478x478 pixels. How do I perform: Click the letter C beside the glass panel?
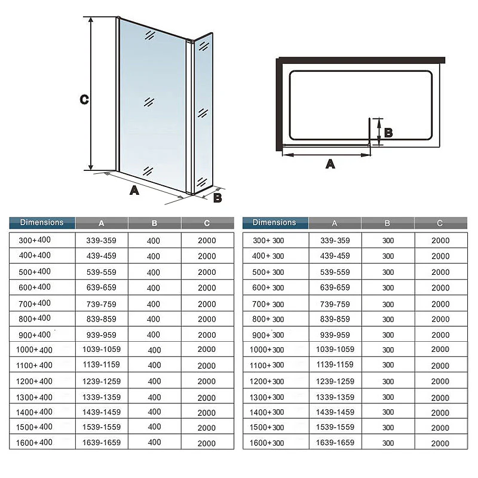coord(84,99)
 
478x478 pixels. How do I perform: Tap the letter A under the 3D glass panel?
coord(134,190)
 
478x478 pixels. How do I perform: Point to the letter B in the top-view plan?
coord(388,133)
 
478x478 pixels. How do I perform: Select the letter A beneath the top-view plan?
coord(330,164)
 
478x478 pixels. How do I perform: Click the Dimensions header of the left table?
coord(42,222)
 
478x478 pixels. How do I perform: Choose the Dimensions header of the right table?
coord(274,222)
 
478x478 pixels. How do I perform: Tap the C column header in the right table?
coord(440,223)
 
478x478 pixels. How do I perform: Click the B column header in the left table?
coord(154,223)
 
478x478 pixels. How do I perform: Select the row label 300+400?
coord(35,240)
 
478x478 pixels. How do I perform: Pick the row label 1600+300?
coord(266,443)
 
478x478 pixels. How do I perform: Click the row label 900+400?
coord(35,335)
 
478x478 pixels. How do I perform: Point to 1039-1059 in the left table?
coord(102,350)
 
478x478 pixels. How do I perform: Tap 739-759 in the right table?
coord(335,304)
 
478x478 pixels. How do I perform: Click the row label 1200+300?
coord(266,381)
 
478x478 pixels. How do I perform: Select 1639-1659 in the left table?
coord(102,443)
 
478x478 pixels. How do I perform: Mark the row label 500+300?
coord(268,272)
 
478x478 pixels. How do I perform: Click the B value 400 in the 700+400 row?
coord(154,304)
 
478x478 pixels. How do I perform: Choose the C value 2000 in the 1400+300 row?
coord(440,413)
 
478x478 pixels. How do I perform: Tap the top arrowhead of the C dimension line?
coord(91,20)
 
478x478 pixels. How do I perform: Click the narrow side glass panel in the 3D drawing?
coord(203,113)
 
